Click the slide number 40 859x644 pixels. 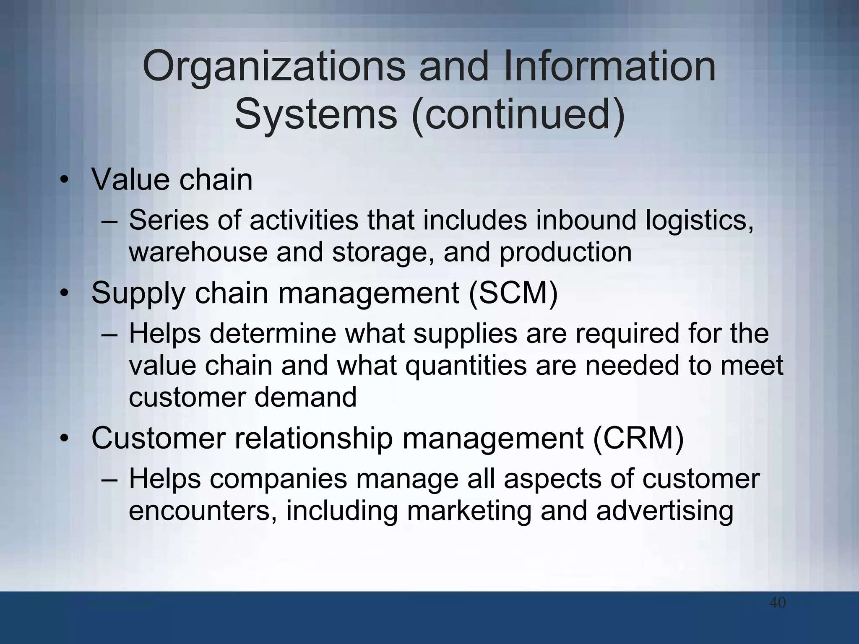[777, 615]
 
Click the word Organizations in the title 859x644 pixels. [274, 67]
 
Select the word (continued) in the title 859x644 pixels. [518, 114]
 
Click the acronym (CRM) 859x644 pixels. [638, 438]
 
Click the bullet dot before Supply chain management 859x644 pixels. [64, 294]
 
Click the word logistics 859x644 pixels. [699, 221]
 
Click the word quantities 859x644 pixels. [466, 366]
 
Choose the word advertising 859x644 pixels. [665, 512]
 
